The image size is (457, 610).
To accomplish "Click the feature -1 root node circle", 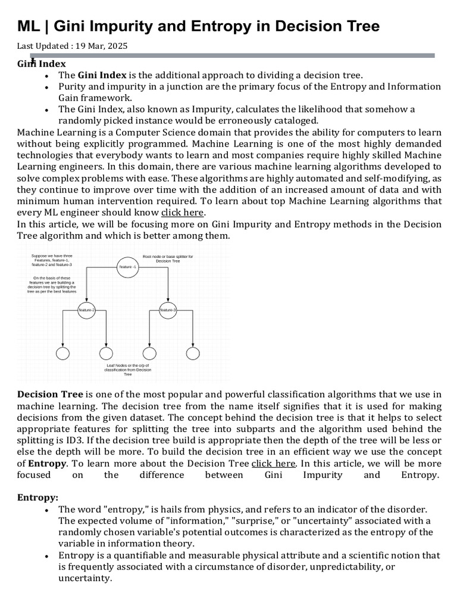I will click(127, 267).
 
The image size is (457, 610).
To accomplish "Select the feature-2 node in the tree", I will click(87, 310).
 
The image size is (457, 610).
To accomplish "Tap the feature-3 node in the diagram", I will click(168, 310).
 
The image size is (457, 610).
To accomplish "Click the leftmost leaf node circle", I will click(62, 353).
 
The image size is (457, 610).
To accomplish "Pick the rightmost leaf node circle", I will click(193, 353).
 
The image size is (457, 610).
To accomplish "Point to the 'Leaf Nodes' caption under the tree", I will click(127, 369).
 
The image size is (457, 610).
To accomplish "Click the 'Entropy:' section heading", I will click(37, 497).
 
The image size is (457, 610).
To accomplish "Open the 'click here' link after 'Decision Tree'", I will click(273, 463).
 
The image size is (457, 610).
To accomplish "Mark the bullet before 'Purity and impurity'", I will click(46, 87).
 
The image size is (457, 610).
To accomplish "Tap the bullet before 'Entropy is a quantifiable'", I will click(46, 556).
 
